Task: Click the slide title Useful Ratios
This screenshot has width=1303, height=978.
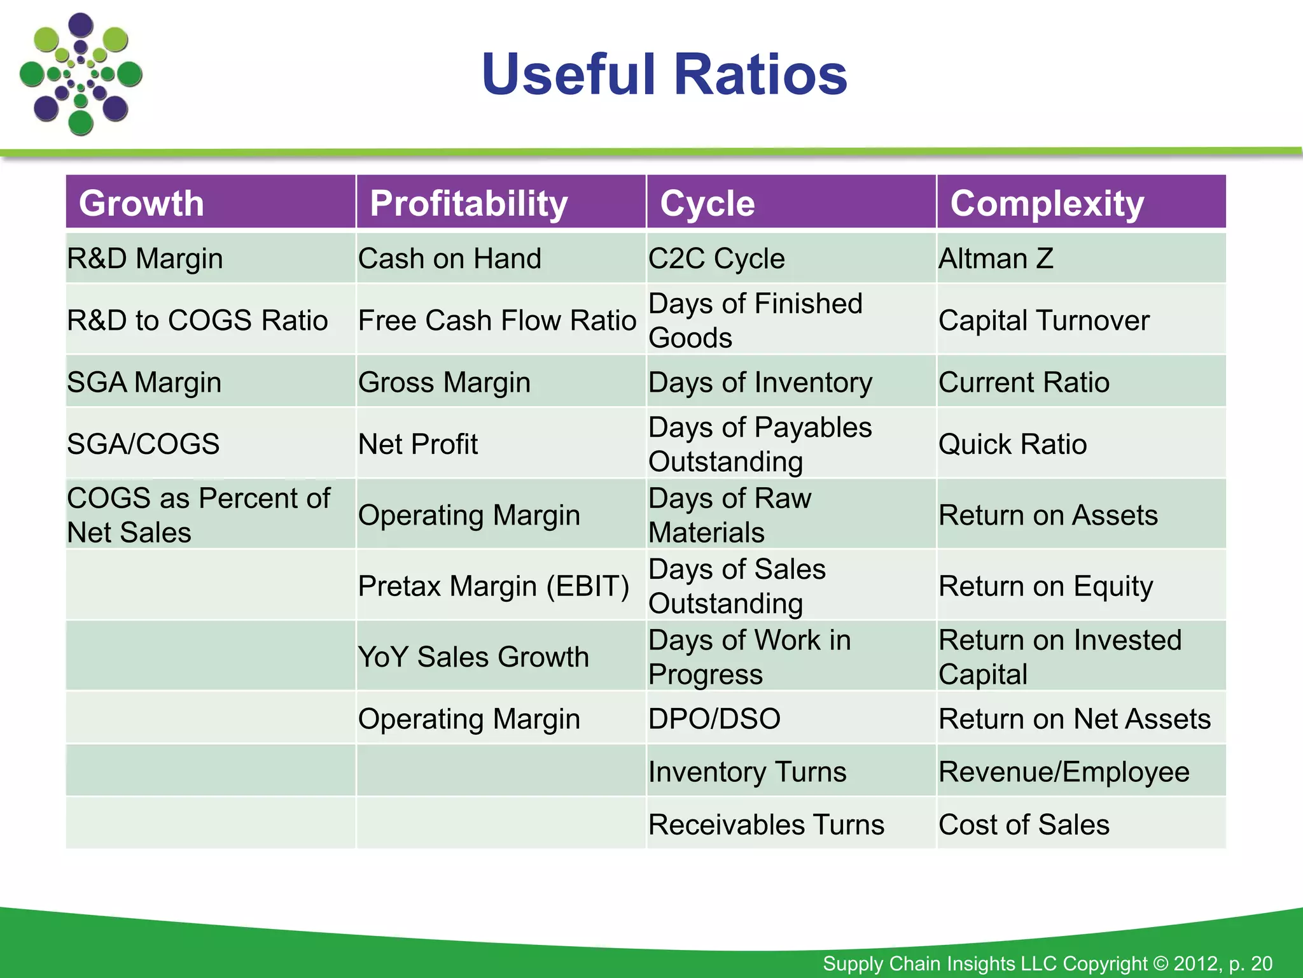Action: (x=664, y=75)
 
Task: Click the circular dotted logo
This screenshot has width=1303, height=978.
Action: (x=81, y=74)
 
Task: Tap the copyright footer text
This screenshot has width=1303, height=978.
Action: (x=1047, y=963)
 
